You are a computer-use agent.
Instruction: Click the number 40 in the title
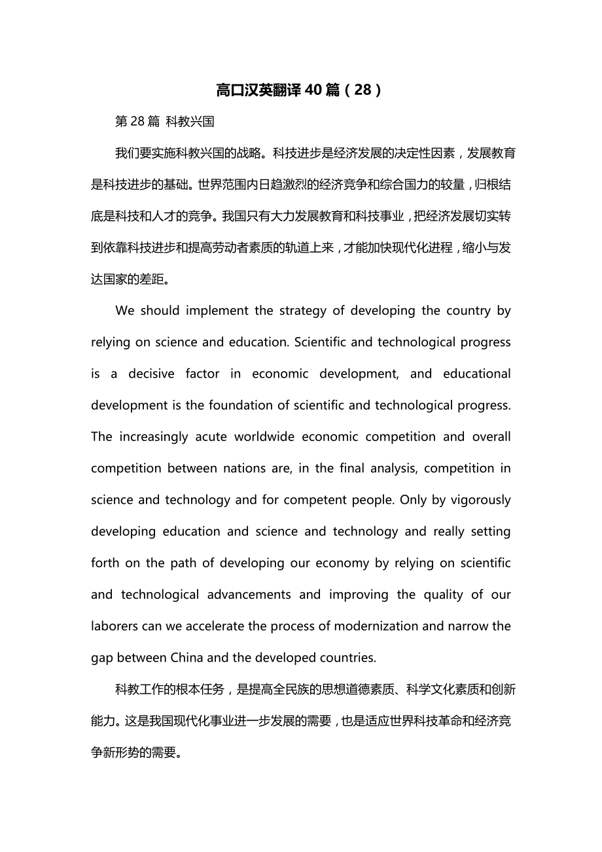[x=313, y=90]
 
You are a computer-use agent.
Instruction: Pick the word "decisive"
[x=151, y=374]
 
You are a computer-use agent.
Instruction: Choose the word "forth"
[x=105, y=563]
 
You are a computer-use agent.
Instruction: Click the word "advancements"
[x=249, y=594]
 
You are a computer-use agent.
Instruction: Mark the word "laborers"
[x=115, y=626]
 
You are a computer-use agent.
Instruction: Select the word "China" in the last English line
[x=188, y=657]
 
